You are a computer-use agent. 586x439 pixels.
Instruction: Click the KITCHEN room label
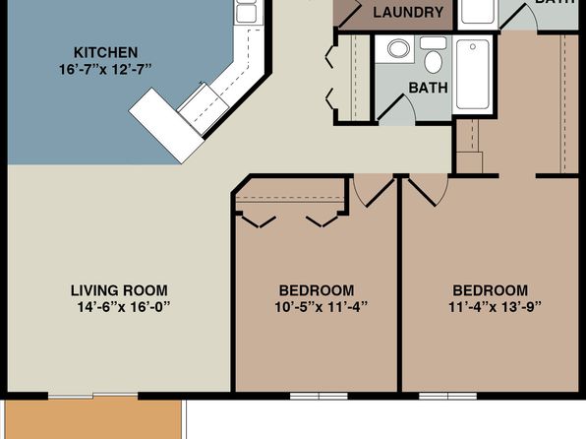click(106, 52)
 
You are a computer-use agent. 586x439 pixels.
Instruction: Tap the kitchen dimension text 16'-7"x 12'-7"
click(106, 70)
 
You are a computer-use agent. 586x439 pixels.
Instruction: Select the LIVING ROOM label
click(119, 290)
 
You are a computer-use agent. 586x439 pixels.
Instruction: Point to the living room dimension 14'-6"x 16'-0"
click(124, 307)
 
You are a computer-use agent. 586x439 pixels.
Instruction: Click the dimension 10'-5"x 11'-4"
click(322, 307)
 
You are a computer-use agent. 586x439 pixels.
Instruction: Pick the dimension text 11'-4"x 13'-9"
click(496, 307)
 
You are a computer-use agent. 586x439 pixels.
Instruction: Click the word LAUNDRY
click(408, 13)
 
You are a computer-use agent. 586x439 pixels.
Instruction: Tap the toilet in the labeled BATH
click(434, 55)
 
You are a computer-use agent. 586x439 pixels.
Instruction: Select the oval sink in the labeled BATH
click(398, 48)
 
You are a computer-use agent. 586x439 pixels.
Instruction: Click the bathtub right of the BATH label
click(473, 75)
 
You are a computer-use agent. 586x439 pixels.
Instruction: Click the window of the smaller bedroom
click(319, 396)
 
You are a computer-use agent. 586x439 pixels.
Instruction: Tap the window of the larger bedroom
click(447, 396)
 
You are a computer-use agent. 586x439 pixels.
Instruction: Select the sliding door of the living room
click(93, 396)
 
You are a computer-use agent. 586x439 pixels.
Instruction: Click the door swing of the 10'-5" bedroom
click(374, 192)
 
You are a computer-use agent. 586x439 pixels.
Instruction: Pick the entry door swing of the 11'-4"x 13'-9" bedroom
click(428, 190)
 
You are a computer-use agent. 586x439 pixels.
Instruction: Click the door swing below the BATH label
click(397, 109)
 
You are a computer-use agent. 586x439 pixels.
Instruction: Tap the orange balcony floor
click(93, 419)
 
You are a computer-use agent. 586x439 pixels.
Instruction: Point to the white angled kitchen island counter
click(166, 126)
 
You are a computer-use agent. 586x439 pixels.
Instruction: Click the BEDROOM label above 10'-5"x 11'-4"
click(317, 290)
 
